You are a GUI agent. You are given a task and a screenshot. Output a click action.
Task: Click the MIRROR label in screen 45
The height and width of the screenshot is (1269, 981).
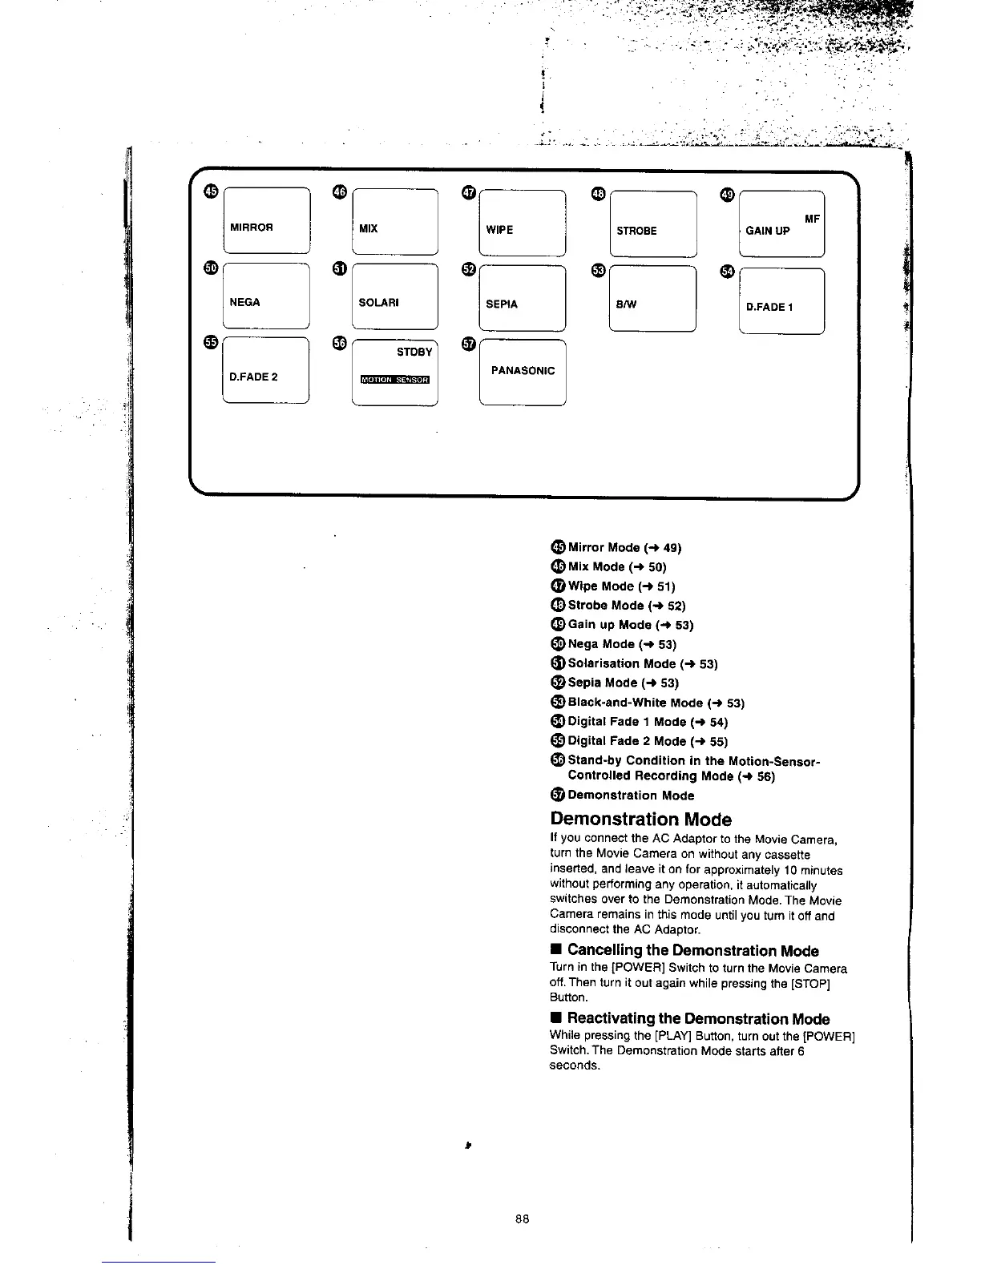pos(252,227)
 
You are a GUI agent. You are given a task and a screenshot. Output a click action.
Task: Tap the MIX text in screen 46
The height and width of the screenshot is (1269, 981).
pos(368,228)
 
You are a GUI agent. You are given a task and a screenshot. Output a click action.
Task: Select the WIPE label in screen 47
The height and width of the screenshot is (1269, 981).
pos(499,230)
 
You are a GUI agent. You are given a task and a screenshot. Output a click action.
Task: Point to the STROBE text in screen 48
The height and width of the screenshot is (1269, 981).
pos(636,231)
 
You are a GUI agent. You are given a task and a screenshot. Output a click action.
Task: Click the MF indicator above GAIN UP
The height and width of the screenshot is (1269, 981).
pos(812,219)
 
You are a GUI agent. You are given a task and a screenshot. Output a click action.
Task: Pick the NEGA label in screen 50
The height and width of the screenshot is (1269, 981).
pos(244,302)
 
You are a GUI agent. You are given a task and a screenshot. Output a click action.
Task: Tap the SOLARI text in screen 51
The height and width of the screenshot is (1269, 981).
pos(378,303)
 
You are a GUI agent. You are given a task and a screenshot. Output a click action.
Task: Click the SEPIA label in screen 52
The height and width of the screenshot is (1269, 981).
pos(502,304)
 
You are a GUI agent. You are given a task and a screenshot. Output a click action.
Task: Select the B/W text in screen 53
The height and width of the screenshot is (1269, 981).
pos(627,304)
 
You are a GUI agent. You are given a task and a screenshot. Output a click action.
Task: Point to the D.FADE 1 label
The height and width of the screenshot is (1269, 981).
pos(769,307)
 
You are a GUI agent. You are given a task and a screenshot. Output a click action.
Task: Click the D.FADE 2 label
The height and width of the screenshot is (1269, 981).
pos(253,377)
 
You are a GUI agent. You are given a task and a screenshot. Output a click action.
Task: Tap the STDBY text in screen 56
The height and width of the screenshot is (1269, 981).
pos(414,352)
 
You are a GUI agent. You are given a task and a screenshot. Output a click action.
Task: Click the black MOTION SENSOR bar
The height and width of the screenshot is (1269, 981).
pos(395,380)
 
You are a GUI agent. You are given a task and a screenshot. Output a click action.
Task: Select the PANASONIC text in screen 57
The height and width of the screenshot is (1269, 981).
pos(523,371)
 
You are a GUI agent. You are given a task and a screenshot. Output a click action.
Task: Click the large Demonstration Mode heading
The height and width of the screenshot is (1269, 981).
pos(640,820)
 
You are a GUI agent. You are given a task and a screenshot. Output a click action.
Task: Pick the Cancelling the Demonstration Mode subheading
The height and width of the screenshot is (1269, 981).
pos(692,951)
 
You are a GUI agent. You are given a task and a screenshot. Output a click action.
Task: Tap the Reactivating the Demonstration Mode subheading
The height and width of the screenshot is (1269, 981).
pos(698,1019)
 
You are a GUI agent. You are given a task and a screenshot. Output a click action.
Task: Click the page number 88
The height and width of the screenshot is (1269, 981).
pos(522,1219)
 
